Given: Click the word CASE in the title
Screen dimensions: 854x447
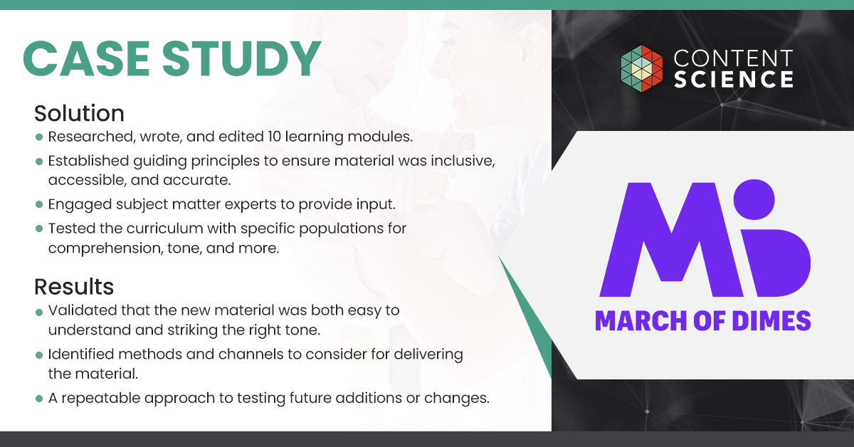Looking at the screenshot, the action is pyautogui.click(x=86, y=59).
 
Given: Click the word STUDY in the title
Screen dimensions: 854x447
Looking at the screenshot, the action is pyautogui.click(x=242, y=59).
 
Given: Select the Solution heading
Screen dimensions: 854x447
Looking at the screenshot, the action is pyautogui.click(x=79, y=113).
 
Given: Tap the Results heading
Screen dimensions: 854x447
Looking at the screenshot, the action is pyautogui.click(x=74, y=286).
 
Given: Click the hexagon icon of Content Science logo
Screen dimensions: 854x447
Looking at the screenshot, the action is pyautogui.click(x=642, y=68).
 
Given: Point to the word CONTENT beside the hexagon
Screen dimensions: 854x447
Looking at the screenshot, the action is pyautogui.click(x=734, y=58).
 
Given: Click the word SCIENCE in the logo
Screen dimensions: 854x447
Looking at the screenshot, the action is pyautogui.click(x=734, y=79).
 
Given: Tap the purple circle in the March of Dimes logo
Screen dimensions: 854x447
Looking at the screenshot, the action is pyautogui.click(x=754, y=199).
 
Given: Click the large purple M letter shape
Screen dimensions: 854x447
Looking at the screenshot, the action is pyautogui.click(x=671, y=240).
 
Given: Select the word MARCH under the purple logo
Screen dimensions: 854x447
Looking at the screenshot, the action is pyautogui.click(x=640, y=321).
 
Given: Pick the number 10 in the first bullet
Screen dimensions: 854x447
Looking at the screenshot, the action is pyautogui.click(x=275, y=137).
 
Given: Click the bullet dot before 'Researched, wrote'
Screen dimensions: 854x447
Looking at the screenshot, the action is pyautogui.click(x=39, y=137).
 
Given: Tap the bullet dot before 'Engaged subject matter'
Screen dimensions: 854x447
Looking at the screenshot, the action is pyautogui.click(x=39, y=204).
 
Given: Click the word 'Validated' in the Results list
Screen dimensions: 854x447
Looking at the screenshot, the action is pyautogui.click(x=83, y=310).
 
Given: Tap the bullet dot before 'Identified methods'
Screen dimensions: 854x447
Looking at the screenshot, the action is pyautogui.click(x=39, y=355).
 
